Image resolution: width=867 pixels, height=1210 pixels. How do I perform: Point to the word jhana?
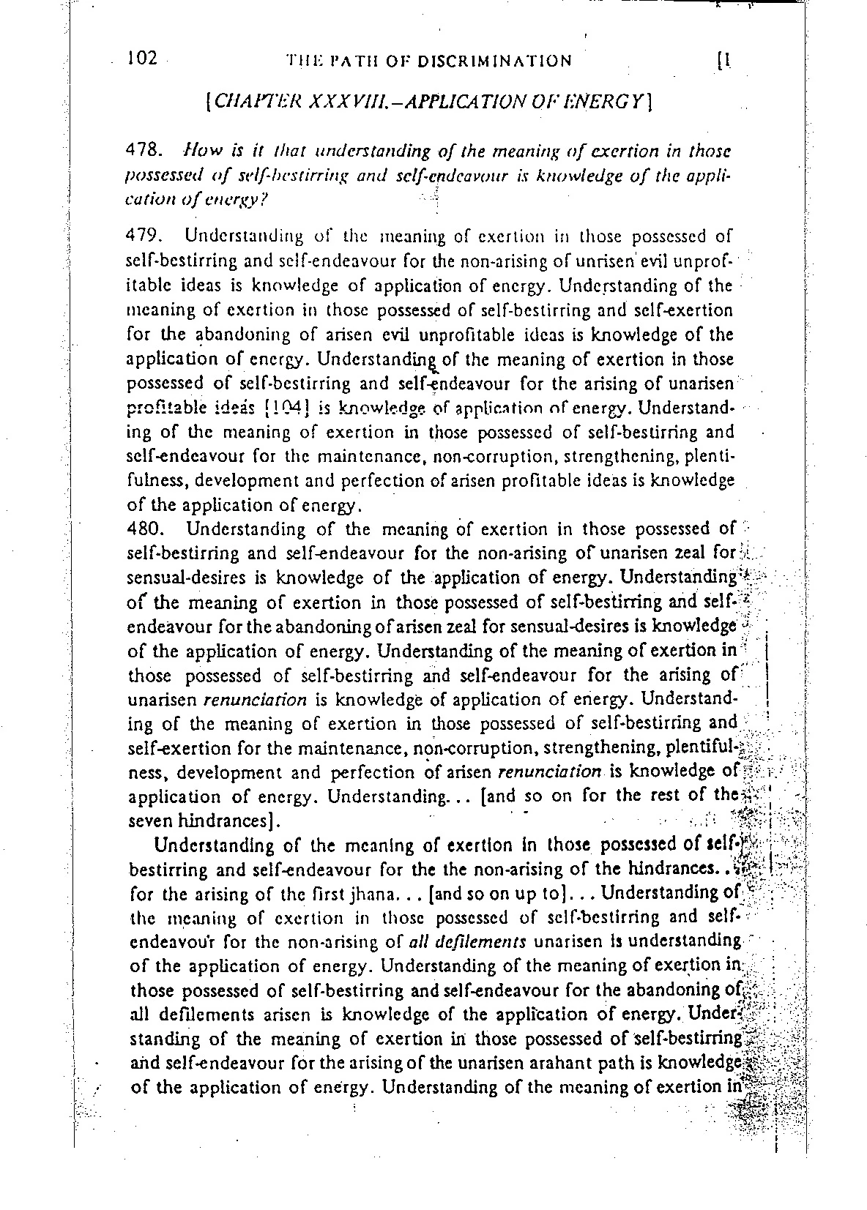349,893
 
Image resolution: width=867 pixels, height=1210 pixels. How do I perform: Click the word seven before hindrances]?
147,821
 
